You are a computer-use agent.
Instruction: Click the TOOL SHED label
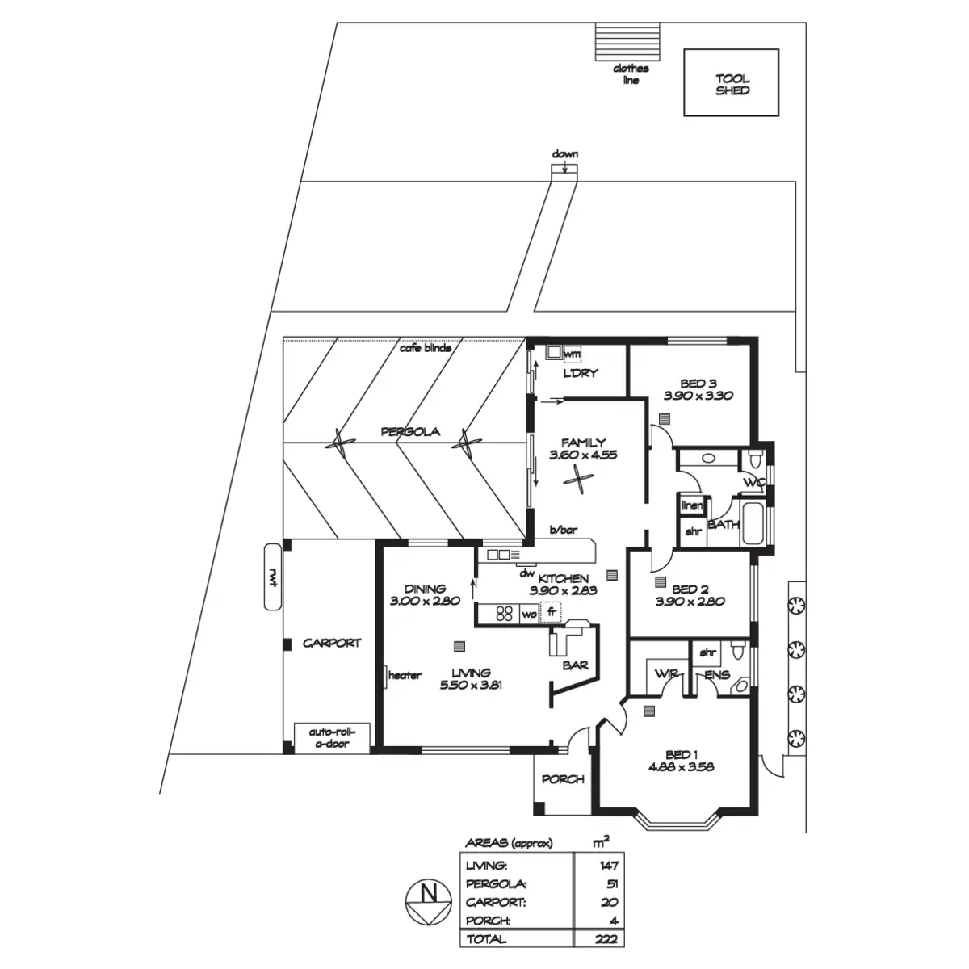click(732, 85)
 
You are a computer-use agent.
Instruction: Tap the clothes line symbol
click(627, 41)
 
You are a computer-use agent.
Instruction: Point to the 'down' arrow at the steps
click(564, 167)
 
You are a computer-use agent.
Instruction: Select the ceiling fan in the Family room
click(579, 480)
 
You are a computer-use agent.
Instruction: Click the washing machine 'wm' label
click(572, 354)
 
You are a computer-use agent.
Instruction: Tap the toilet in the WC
click(755, 459)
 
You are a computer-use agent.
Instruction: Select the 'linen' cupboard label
click(692, 505)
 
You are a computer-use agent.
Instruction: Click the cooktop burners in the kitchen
click(504, 614)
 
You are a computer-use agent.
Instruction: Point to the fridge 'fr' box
click(551, 612)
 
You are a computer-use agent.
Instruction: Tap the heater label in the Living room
click(405, 675)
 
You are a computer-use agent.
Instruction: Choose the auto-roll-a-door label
click(332, 738)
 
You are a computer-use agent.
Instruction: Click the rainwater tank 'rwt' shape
click(273, 577)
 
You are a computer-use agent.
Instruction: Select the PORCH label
click(563, 779)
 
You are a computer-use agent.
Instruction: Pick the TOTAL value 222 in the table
click(606, 939)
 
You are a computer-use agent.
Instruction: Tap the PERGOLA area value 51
click(612, 884)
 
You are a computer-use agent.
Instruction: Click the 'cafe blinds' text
click(426, 348)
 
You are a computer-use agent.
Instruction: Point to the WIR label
click(667, 673)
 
